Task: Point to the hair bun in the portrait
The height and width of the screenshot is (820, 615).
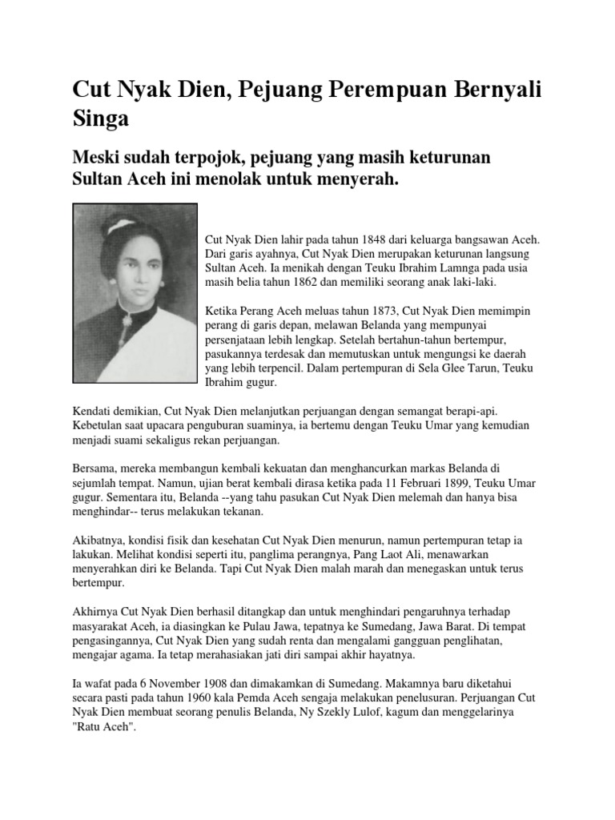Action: point(120,225)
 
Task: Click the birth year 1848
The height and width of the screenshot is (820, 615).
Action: point(372,239)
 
